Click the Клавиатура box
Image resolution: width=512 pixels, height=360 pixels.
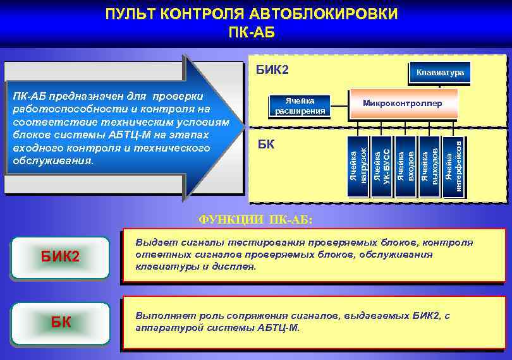(x=440, y=73)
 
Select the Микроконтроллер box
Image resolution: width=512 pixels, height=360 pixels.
(x=403, y=103)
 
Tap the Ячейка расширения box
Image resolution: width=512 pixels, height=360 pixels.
(x=299, y=105)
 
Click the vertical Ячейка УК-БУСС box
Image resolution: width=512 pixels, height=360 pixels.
(x=381, y=165)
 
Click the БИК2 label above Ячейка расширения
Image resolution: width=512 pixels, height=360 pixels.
(x=272, y=69)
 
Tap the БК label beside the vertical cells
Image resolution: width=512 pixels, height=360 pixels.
(x=266, y=145)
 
